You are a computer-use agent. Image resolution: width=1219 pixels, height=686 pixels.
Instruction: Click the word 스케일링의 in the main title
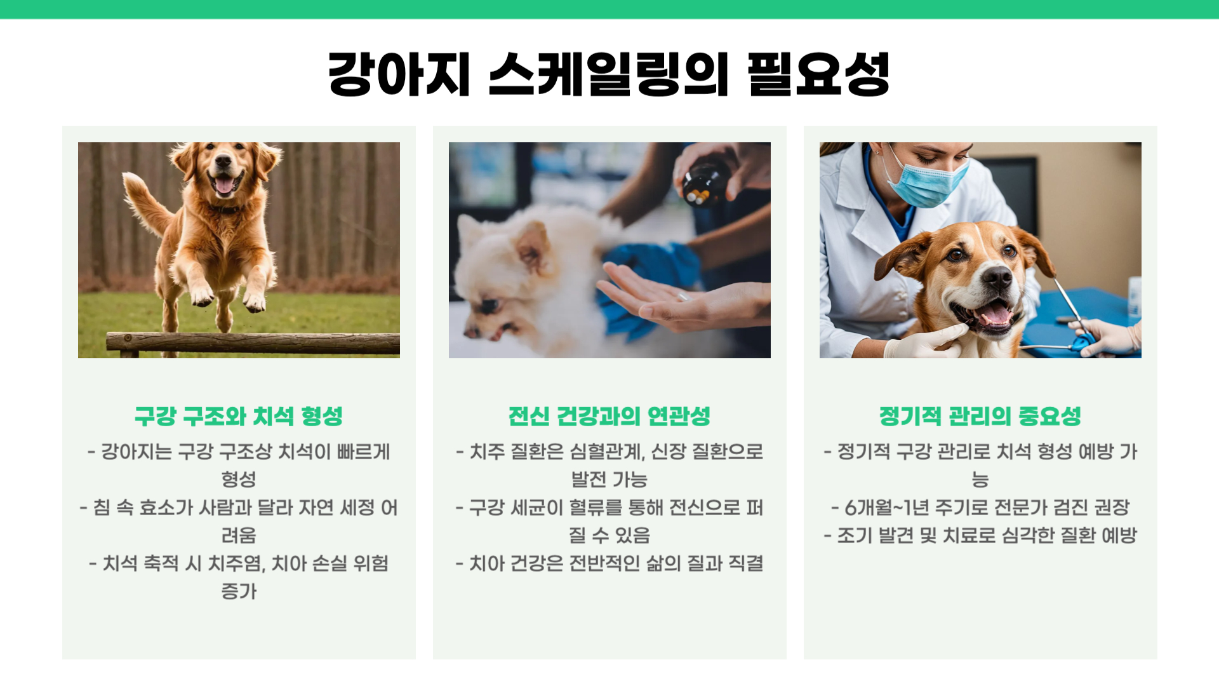608,75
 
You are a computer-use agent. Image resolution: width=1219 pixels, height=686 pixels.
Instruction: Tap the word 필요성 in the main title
819,75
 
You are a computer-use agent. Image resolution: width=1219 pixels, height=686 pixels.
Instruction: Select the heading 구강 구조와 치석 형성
239,417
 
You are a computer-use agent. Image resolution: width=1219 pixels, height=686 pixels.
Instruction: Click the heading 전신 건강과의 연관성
609,417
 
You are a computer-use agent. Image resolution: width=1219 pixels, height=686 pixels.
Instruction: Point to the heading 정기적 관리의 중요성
980,417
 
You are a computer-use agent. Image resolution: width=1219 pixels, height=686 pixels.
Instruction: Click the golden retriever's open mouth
224,184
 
